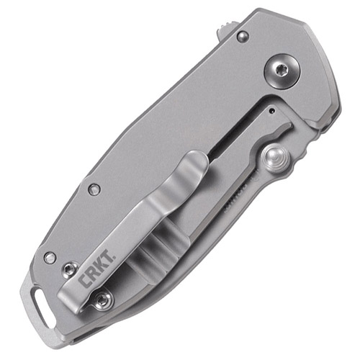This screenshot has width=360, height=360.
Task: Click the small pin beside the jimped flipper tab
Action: [243, 36]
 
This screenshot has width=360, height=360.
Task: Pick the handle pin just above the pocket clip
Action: [94, 189]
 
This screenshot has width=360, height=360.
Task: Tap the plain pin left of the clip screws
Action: [49, 257]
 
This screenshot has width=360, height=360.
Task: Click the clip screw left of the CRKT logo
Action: [69, 269]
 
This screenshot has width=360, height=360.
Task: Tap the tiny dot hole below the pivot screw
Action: [271, 112]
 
